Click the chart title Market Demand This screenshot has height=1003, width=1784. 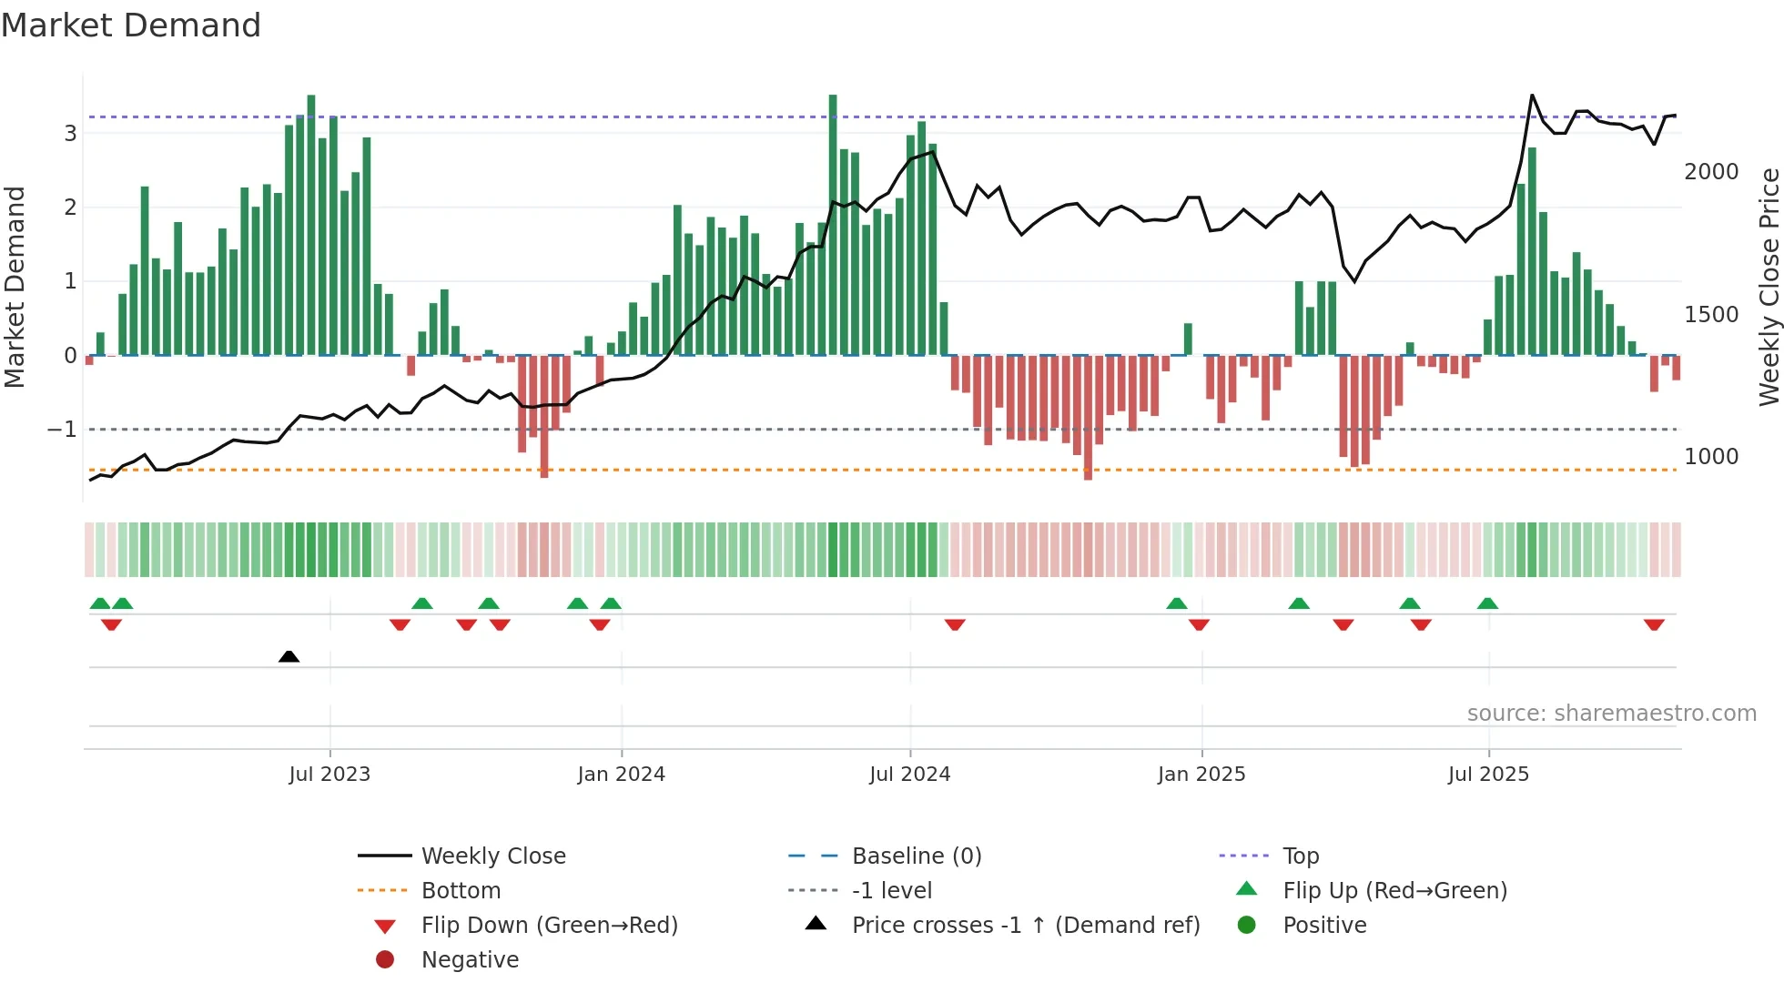coord(131,25)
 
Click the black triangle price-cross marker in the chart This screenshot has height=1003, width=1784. coord(289,656)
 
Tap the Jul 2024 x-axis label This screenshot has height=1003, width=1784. coord(909,775)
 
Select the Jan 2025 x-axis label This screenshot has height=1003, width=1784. coord(1201,775)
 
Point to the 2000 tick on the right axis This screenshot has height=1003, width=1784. coord(1710,172)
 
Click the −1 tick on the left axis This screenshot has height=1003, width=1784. coord(62,429)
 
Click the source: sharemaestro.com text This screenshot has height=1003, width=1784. coord(1611,714)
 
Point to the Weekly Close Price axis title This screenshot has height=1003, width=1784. coord(1769,287)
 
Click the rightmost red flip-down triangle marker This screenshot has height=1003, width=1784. coord(1654,624)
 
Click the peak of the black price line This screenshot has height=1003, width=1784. coord(1532,96)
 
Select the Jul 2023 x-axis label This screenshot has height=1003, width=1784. coord(329,775)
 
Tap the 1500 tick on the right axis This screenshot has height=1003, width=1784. coord(1710,315)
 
